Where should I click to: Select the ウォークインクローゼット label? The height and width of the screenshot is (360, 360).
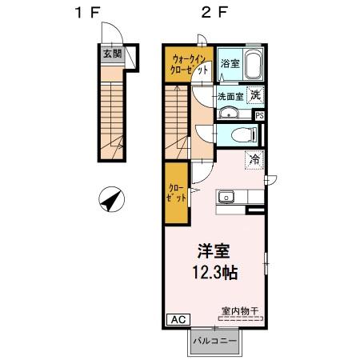click(x=189, y=64)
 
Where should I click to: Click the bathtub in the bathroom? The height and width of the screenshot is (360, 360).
click(x=252, y=64)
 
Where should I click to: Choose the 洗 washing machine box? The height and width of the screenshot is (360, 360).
click(x=254, y=94)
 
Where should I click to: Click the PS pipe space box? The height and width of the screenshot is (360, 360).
click(x=260, y=114)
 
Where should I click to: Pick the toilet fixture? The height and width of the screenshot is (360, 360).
click(x=241, y=134)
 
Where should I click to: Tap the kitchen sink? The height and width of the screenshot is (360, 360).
click(x=226, y=197)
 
